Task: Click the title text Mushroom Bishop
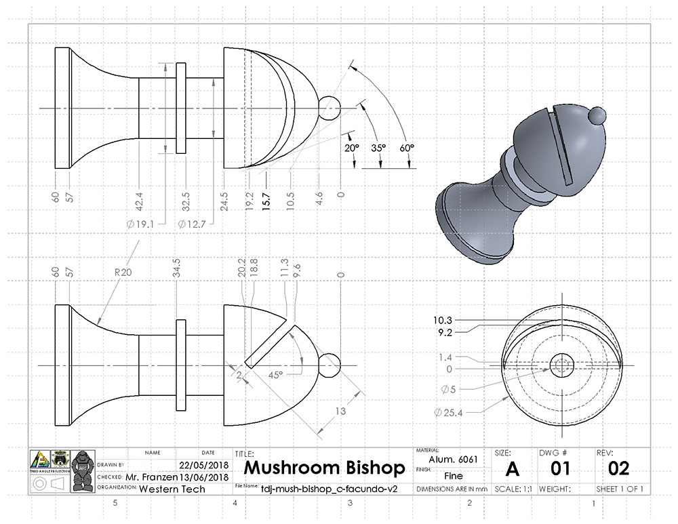324,468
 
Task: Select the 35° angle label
378,147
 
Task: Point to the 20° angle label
351,147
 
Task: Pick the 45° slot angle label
275,374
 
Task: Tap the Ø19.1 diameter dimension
140,223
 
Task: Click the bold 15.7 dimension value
268,197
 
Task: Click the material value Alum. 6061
454,460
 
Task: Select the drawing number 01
560,468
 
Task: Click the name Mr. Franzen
152,477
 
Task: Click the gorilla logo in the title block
83,471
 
